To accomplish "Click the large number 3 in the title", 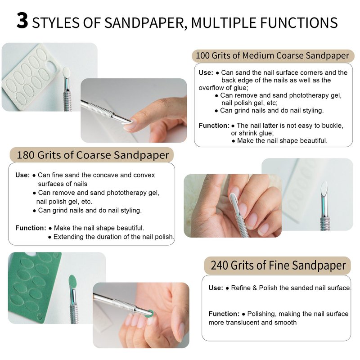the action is [x=22, y=21].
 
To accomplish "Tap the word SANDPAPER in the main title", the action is [x=144, y=23].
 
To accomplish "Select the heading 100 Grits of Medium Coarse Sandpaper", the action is [x=273, y=56].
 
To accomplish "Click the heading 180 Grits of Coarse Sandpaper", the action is [x=93, y=155].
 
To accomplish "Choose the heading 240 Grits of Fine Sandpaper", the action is [x=278, y=265].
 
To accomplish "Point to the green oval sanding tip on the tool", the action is [x=72, y=282].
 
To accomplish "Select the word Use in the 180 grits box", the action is [x=22, y=175].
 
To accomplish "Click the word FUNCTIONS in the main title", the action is [x=299, y=23].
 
